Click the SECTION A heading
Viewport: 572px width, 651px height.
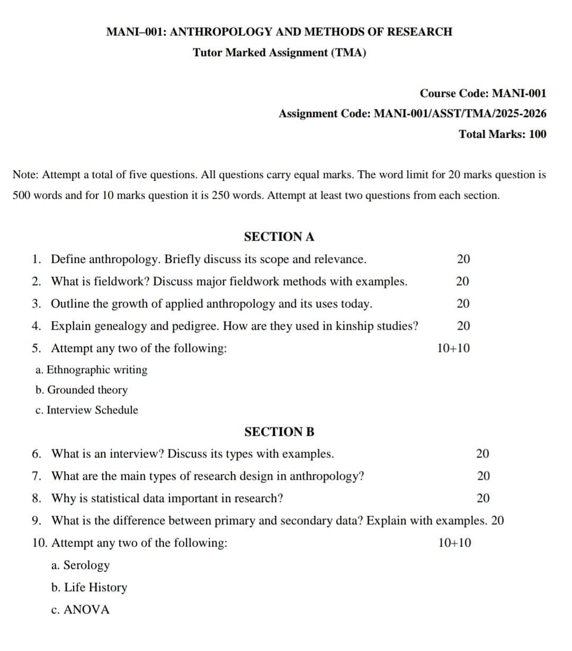point(279,237)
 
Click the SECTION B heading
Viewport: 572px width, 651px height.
point(279,432)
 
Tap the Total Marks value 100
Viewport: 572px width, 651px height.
point(537,134)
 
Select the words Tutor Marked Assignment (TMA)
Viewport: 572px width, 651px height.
point(279,53)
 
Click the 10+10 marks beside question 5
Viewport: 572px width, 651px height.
point(453,348)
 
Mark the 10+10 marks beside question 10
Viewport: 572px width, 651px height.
point(455,543)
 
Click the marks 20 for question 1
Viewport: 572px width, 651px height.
point(463,259)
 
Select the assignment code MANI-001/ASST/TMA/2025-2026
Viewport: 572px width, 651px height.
point(460,114)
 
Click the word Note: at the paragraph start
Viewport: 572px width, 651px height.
point(25,175)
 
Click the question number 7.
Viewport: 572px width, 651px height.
point(37,476)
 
